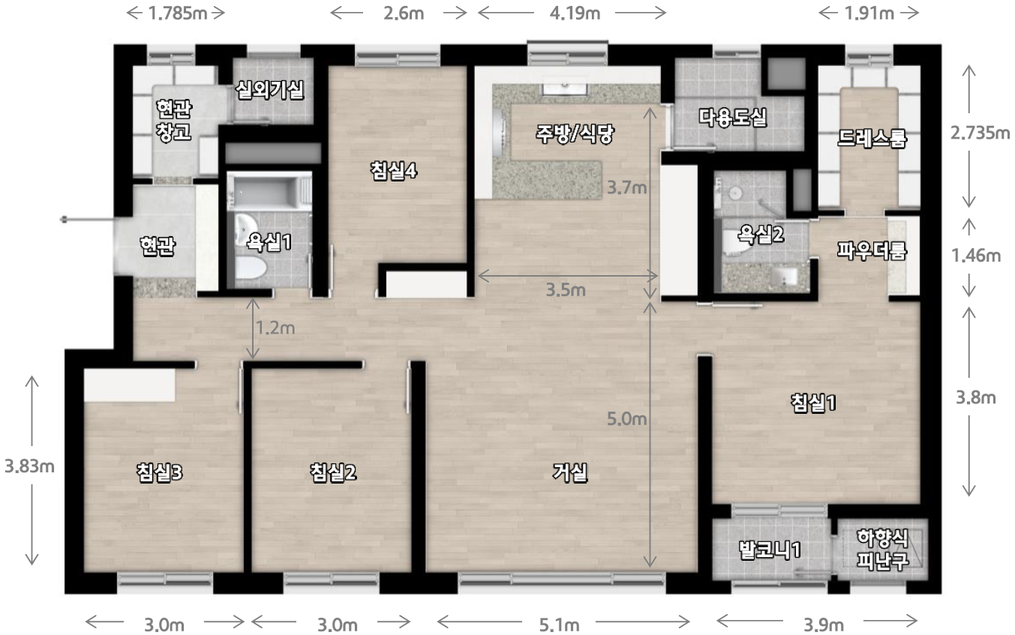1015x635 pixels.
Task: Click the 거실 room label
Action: coord(570,473)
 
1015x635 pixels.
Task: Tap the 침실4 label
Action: coord(393,171)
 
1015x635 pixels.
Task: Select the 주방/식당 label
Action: coord(575,133)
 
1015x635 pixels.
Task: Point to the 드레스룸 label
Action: coord(872,138)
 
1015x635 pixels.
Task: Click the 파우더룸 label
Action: coord(872,250)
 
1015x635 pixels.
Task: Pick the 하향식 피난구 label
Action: coord(883,550)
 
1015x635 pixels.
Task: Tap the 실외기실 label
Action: coord(269,90)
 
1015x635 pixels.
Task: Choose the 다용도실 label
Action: coord(732,117)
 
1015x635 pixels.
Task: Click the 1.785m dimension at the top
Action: coord(178,13)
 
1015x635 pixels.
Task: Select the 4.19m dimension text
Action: coord(575,13)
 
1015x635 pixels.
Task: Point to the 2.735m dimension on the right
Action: coord(980,133)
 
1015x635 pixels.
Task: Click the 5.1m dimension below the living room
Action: coord(559,625)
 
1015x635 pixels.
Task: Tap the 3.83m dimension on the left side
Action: coord(29,466)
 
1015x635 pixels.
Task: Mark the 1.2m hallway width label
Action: coord(275,328)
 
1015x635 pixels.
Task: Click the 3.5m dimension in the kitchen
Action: coord(566,290)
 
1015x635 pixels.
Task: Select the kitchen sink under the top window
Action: coord(565,88)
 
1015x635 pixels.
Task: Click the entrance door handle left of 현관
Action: coord(64,220)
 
